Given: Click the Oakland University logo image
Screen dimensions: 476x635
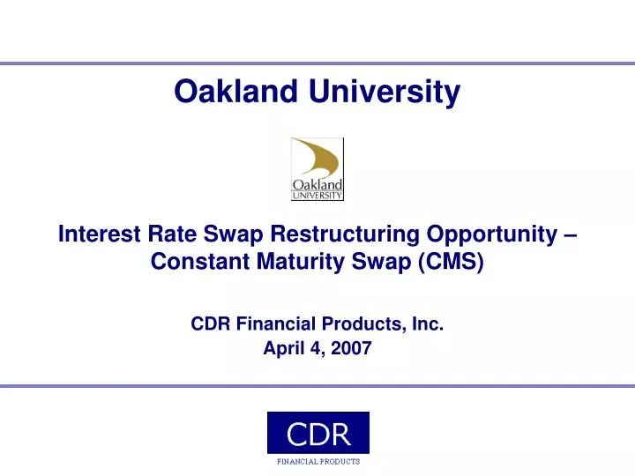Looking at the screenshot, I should click(x=317, y=169).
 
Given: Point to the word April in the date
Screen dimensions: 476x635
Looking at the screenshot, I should click(x=284, y=348).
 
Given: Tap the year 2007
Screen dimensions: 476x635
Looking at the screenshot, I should click(x=352, y=348).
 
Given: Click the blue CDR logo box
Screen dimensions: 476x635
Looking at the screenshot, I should click(x=317, y=433).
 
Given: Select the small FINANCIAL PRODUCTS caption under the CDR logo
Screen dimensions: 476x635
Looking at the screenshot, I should click(x=317, y=461).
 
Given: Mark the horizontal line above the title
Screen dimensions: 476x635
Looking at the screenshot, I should click(x=317, y=63).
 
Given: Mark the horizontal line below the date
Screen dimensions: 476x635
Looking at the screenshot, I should click(x=317, y=386).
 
